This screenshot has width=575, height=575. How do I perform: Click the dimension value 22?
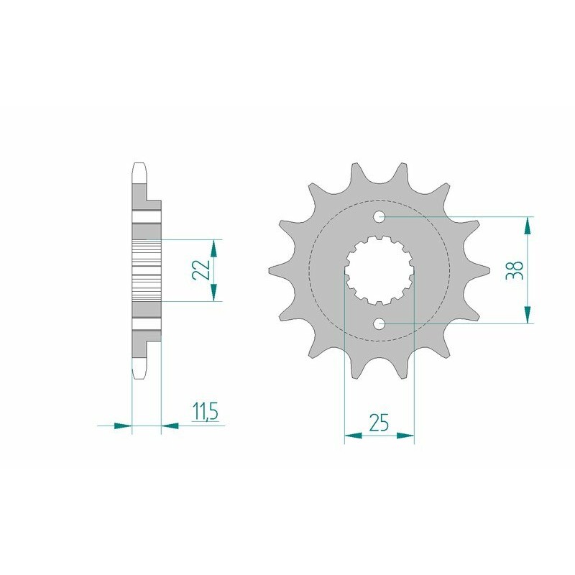coord(202,270)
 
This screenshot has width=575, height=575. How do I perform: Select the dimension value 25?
coord(379,423)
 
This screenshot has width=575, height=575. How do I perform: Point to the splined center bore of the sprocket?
coord(379,270)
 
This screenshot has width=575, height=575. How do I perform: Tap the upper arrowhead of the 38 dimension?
coord(528,224)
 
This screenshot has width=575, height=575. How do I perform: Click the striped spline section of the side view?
coord(147,270)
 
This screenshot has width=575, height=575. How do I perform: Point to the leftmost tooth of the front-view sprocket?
coord(274,270)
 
